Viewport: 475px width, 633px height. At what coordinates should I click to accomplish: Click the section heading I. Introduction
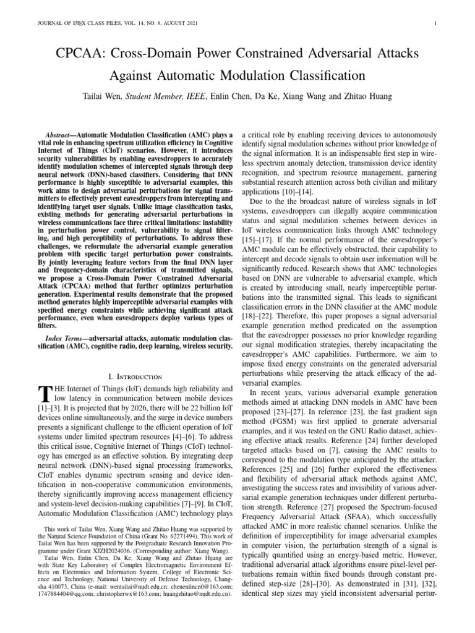click(x=135, y=376)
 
